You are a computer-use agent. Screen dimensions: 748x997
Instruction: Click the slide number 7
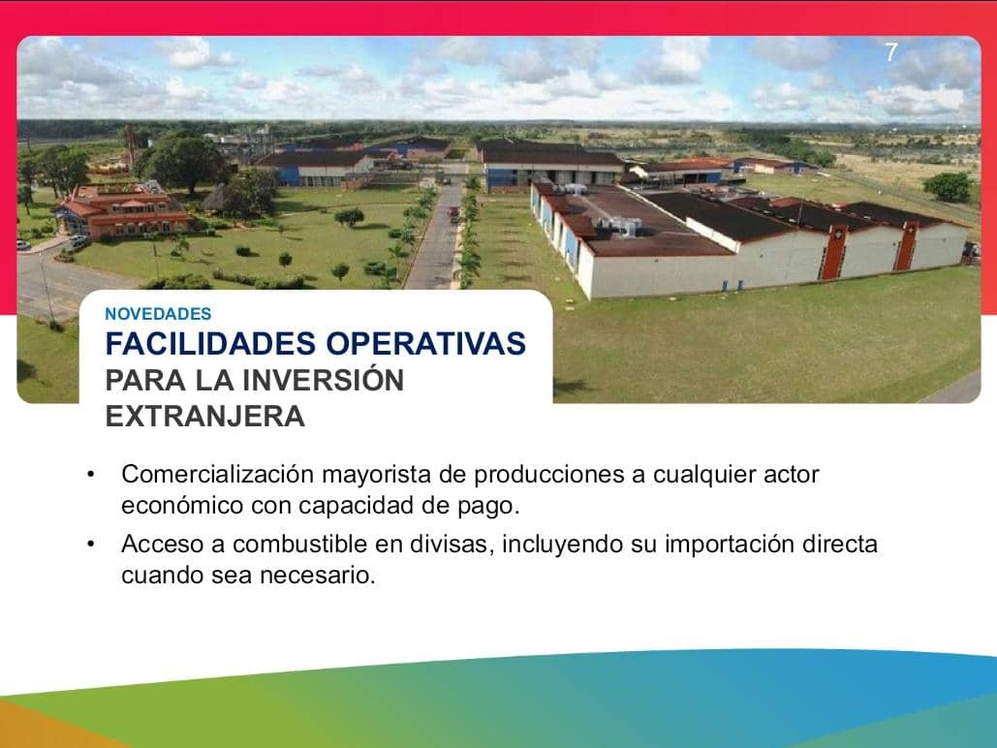[x=891, y=54]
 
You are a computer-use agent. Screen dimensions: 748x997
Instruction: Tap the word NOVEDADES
[x=158, y=314]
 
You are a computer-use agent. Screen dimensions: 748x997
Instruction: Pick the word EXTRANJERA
[x=204, y=417]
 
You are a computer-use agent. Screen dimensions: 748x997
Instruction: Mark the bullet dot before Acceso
[x=90, y=544]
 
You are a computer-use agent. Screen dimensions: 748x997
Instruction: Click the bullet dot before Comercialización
[x=90, y=475]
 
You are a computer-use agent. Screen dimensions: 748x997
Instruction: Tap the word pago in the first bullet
[x=496, y=506]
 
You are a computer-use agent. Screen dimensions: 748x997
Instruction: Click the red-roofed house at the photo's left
[x=121, y=210]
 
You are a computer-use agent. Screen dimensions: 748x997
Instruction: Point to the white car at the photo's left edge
[x=23, y=245]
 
